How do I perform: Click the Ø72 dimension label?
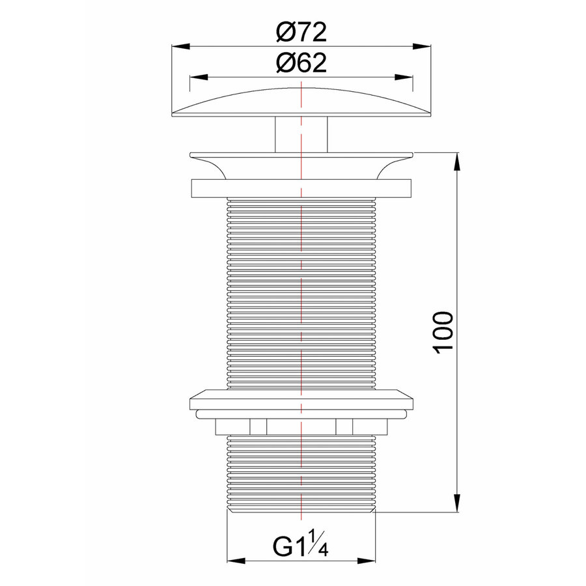[x=300, y=31]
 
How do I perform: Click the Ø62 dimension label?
[x=300, y=63]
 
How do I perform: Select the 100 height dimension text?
[x=443, y=332]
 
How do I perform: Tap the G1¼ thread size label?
[x=300, y=544]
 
